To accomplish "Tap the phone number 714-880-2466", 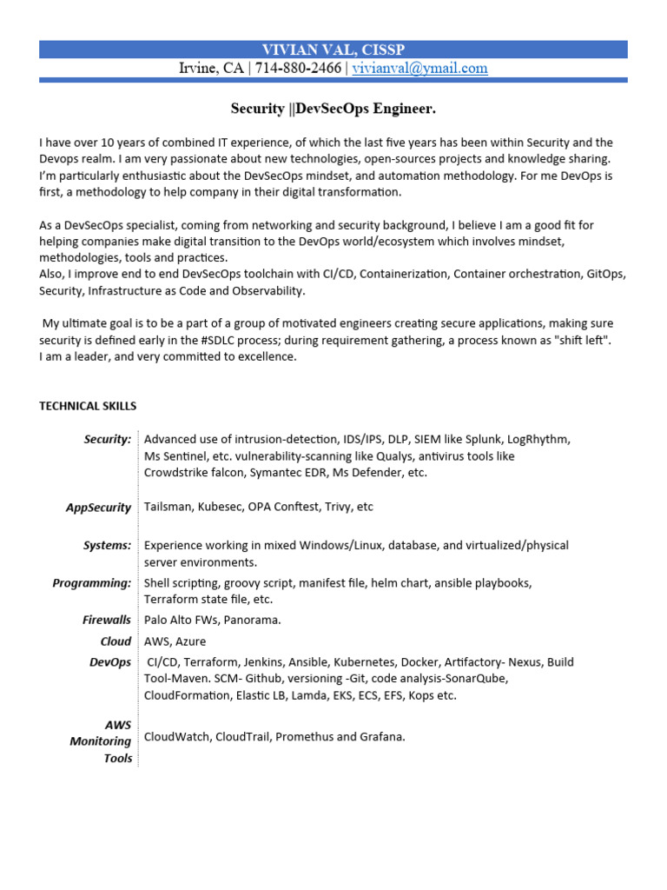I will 297,69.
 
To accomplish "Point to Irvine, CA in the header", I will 211,69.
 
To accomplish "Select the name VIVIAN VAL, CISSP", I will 333,50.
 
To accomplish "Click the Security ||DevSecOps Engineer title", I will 333,109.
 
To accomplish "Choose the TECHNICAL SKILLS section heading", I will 88,406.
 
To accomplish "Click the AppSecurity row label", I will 98,508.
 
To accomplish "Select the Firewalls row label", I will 107,620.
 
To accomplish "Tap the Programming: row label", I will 92,582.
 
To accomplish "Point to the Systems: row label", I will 107,545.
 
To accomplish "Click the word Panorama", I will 253,620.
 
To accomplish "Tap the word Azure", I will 191,641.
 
